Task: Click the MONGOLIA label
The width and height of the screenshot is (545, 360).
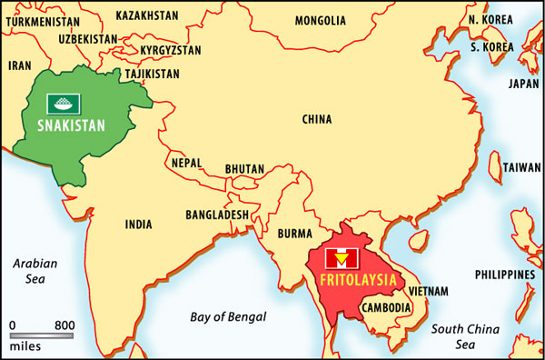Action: pos(320,20)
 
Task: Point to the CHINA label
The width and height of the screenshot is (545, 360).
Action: pos(316,119)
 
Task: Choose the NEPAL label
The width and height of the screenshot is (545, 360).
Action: pos(187,164)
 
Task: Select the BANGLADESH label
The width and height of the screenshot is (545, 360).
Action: pos(217,215)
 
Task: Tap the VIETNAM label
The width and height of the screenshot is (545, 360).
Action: pos(428,291)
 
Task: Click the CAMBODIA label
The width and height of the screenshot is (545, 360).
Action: pos(386,307)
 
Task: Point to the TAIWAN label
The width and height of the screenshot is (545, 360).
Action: pos(520,168)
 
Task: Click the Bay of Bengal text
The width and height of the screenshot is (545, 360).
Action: pos(228,317)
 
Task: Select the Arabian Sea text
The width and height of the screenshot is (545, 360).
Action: pos(35,271)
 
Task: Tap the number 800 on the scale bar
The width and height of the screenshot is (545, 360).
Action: pos(64,325)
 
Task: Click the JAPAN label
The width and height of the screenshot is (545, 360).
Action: pos(523,83)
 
